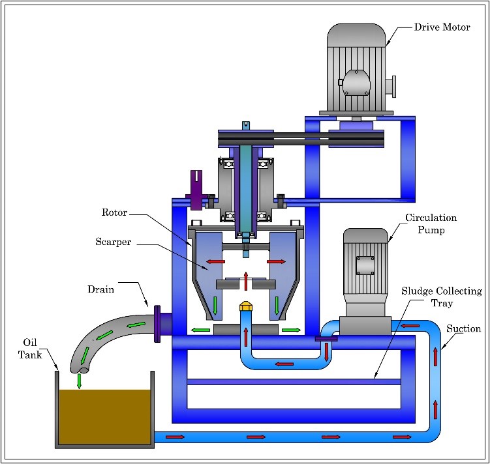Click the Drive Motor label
[442, 28]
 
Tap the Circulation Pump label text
[431, 223]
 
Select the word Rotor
[115, 212]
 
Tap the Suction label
[463, 329]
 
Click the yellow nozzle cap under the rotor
[246, 305]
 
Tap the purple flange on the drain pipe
[157, 323]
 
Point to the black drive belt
[300, 139]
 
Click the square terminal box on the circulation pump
[365, 265]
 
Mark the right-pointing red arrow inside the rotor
[276, 261]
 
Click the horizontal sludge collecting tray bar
[293, 381]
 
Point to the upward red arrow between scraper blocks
[245, 280]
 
